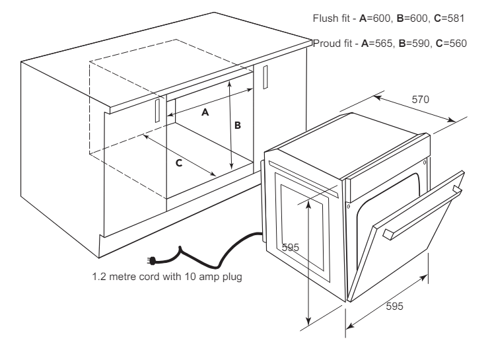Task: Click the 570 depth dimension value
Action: [420, 100]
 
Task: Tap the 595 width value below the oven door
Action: [394, 306]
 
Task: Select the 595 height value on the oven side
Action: [290, 247]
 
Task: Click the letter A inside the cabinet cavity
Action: [205, 112]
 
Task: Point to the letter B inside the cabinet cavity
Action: [238, 126]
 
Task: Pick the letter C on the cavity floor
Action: [179, 163]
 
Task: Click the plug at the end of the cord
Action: [151, 260]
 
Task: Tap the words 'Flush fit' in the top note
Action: [331, 18]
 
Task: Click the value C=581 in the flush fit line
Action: [449, 18]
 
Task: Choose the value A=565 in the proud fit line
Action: [377, 44]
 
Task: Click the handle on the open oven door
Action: [422, 213]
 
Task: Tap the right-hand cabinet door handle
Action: [265, 77]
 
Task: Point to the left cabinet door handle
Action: [158, 110]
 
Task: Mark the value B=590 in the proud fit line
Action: [414, 44]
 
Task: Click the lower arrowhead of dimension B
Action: [232, 166]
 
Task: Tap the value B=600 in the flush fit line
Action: [412, 18]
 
